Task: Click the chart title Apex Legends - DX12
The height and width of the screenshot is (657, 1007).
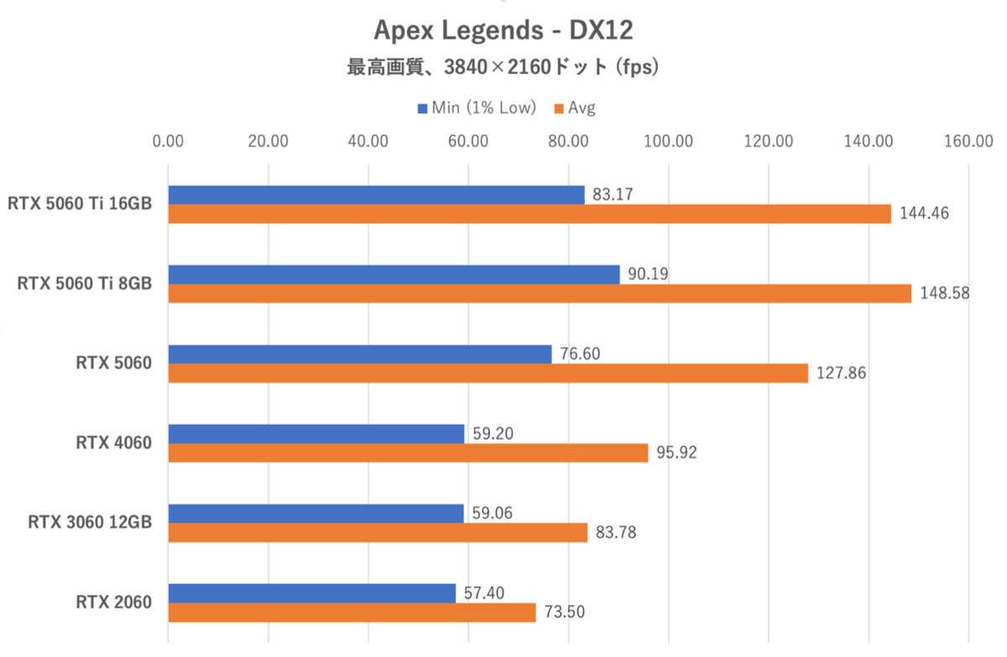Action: tap(503, 31)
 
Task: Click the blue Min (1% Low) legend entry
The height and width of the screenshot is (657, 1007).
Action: tap(477, 108)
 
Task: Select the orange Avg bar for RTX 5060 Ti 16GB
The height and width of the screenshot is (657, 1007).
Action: tap(529, 214)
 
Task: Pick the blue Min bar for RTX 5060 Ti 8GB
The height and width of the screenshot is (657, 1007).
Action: tap(394, 274)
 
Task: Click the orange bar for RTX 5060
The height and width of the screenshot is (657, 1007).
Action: tap(488, 373)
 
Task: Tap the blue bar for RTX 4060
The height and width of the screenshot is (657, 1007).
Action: tap(316, 434)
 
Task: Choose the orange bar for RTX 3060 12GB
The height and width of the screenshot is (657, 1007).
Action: tap(378, 533)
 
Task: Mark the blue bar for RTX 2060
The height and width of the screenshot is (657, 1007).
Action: tap(311, 593)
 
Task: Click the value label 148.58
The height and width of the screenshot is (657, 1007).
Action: tap(942, 295)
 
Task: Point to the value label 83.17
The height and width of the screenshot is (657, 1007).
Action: tap(612, 195)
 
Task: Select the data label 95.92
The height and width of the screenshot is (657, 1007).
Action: tap(676, 454)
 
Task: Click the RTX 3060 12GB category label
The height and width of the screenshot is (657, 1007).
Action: tap(90, 523)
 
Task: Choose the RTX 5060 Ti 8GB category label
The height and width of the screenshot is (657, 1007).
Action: tap(85, 284)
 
